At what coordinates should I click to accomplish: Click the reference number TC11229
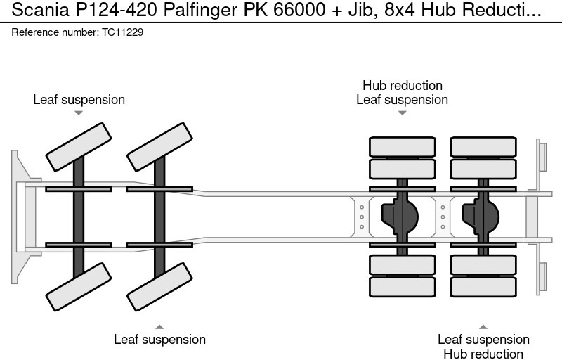pyautogui.click(x=118, y=33)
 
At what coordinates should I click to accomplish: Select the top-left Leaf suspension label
pyautogui.click(x=79, y=100)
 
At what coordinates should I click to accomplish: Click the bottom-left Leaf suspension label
pyautogui.click(x=159, y=340)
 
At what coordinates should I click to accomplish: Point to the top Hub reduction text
pyautogui.click(x=402, y=86)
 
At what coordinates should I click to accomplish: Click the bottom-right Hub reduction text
pyautogui.click(x=483, y=354)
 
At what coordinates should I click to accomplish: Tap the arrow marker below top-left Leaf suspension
pyautogui.click(x=79, y=113)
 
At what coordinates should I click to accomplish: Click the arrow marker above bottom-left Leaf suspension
pyautogui.click(x=159, y=326)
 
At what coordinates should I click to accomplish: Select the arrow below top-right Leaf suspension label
pyautogui.click(x=402, y=113)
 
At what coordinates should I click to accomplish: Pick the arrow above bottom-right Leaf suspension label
pyautogui.click(x=483, y=326)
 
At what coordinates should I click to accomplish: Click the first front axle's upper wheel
pyautogui.click(x=78, y=146)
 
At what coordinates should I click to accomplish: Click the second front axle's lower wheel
pyautogui.click(x=159, y=286)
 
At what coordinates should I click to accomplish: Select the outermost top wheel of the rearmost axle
pyautogui.click(x=483, y=147)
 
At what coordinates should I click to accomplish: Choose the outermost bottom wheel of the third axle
pyautogui.click(x=402, y=286)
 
